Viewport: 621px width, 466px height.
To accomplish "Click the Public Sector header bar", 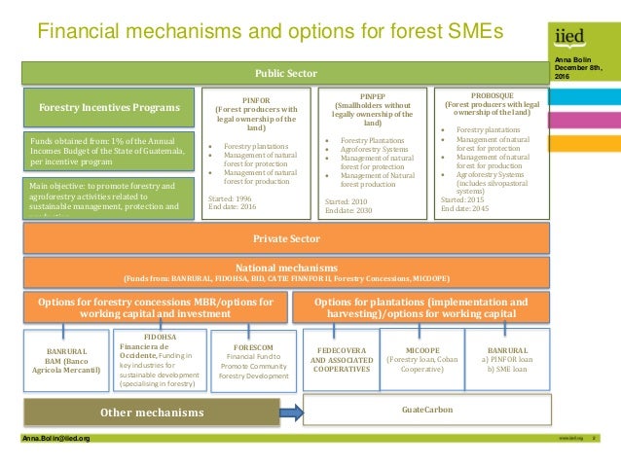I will pos(286,73).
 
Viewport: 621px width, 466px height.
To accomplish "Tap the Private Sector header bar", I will pos(286,238).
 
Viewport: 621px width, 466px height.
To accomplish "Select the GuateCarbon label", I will pos(426,410).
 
